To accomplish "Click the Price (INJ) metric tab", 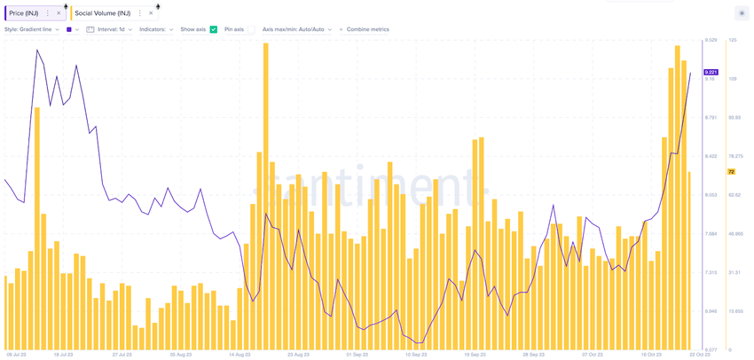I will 25,13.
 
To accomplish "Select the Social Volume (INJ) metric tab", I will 102,13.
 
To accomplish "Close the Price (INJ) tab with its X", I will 59,13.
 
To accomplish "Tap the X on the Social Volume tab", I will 151,13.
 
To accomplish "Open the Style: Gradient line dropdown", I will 32,29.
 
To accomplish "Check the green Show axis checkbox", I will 213,29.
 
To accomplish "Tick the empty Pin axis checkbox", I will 250,29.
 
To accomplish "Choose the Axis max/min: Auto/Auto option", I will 296,29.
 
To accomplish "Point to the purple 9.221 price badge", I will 711,72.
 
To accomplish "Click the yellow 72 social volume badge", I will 731,171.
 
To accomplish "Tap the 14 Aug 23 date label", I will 239,354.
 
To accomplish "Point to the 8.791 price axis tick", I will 711,118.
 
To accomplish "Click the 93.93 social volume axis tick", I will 734,118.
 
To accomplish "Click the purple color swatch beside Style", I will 69,29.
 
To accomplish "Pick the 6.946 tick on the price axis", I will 711,311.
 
